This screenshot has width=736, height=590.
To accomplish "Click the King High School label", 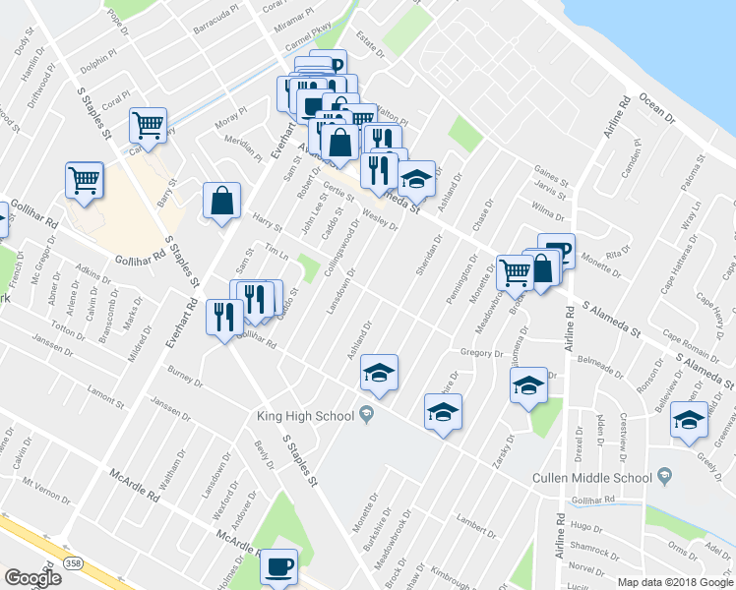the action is [305, 416].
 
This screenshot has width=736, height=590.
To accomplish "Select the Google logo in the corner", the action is [32, 578].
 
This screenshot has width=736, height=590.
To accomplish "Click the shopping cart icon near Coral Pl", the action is [148, 125].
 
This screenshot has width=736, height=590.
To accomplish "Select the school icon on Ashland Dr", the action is [379, 373].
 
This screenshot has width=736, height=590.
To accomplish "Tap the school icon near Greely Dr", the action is [688, 420].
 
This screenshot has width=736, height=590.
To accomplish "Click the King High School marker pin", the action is [366, 414].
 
